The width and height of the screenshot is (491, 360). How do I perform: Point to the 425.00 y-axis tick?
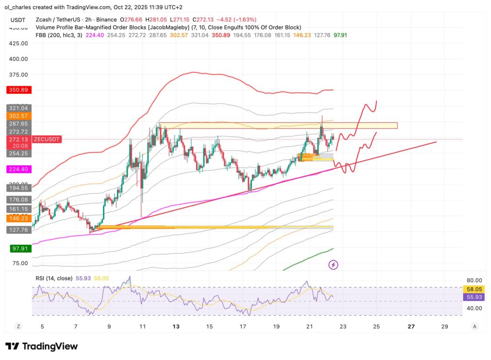18,43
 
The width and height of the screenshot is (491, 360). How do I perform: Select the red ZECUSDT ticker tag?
47,139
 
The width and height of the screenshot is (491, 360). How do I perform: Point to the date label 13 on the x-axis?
176,326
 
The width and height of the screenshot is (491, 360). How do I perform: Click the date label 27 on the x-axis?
410,326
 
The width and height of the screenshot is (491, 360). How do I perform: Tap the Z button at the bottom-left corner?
19,326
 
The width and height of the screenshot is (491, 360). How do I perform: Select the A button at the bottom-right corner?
474,326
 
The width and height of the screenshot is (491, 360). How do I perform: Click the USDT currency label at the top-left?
18,20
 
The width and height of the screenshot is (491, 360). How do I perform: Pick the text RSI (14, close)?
54,278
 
